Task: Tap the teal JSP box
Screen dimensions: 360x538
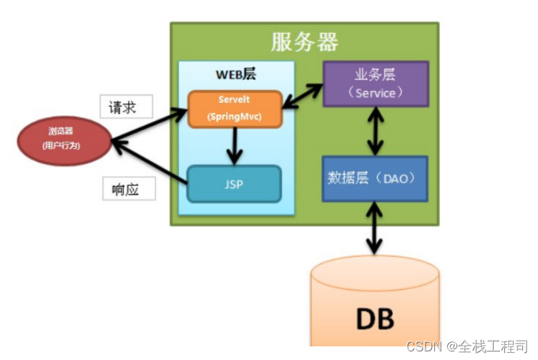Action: click(233, 184)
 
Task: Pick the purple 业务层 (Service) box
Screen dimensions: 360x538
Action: click(375, 84)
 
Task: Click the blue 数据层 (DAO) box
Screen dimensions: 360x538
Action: click(375, 178)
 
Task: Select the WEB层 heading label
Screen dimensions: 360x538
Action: click(235, 74)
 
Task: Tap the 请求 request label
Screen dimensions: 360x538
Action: click(127, 107)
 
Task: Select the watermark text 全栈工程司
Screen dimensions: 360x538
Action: click(494, 346)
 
